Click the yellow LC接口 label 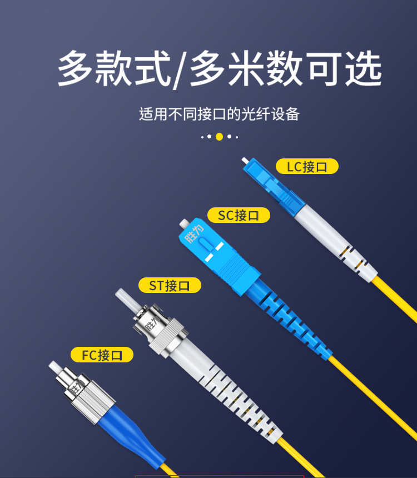click(307, 166)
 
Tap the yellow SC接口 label click(239, 215)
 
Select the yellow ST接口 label click(170, 285)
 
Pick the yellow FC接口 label click(102, 355)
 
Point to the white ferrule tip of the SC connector click(184, 223)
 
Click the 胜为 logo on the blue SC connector click(194, 234)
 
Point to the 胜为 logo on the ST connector click(152, 323)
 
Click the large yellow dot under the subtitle click(219, 137)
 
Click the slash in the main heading click(180, 71)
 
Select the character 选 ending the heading click(363, 68)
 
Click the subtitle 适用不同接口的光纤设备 click(219, 114)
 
